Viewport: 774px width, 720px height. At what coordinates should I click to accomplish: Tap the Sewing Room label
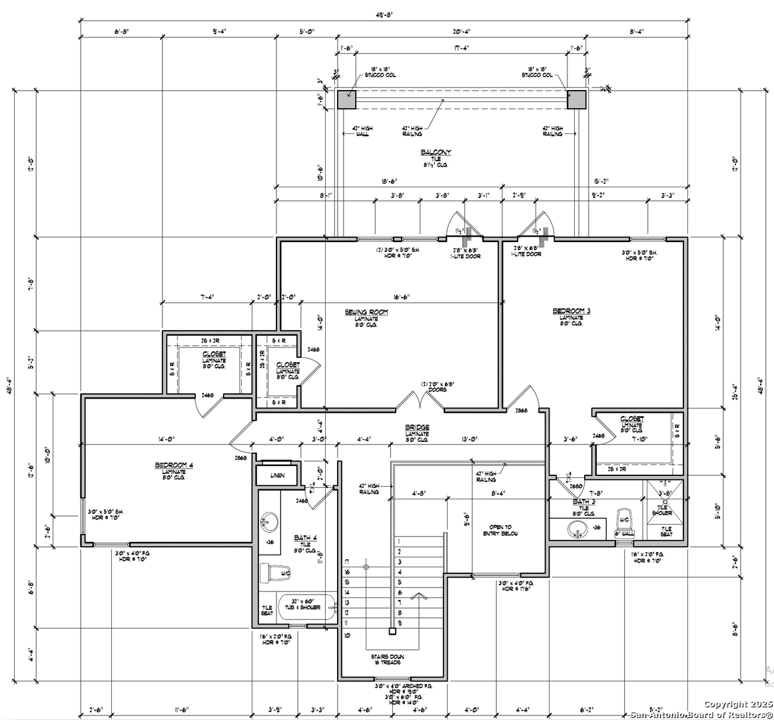point(366,312)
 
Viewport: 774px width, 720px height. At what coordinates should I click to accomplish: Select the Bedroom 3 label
point(572,311)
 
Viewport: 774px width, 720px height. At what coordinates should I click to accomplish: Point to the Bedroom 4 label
point(173,465)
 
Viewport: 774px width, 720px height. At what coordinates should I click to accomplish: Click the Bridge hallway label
point(417,427)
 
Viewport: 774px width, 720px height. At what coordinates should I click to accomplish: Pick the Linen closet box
point(278,475)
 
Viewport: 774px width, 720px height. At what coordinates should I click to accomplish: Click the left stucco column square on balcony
point(346,99)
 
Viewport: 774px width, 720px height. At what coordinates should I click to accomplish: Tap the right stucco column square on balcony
point(576,99)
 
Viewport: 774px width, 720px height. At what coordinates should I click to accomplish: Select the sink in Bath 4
point(270,521)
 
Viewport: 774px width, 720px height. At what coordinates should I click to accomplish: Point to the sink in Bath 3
point(578,528)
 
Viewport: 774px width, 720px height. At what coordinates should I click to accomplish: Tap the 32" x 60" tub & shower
point(306,607)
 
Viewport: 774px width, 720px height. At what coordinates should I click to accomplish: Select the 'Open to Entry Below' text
point(500,530)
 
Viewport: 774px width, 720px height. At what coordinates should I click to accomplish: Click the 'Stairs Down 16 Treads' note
point(388,660)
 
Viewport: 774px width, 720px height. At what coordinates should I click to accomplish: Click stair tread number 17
point(346,562)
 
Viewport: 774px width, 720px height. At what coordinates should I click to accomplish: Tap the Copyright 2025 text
point(737,704)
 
